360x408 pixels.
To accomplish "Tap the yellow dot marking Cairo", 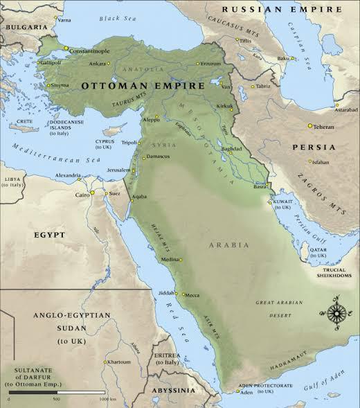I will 92,193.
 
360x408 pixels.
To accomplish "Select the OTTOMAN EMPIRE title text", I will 143,86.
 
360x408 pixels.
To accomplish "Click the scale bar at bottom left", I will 57,393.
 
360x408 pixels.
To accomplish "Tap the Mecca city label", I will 192,296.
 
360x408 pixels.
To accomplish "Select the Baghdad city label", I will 231,149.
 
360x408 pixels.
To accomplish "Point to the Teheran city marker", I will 309,125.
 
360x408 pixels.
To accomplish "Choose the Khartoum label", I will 118,362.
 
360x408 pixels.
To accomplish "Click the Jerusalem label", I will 118,170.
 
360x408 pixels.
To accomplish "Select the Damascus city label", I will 159,158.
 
